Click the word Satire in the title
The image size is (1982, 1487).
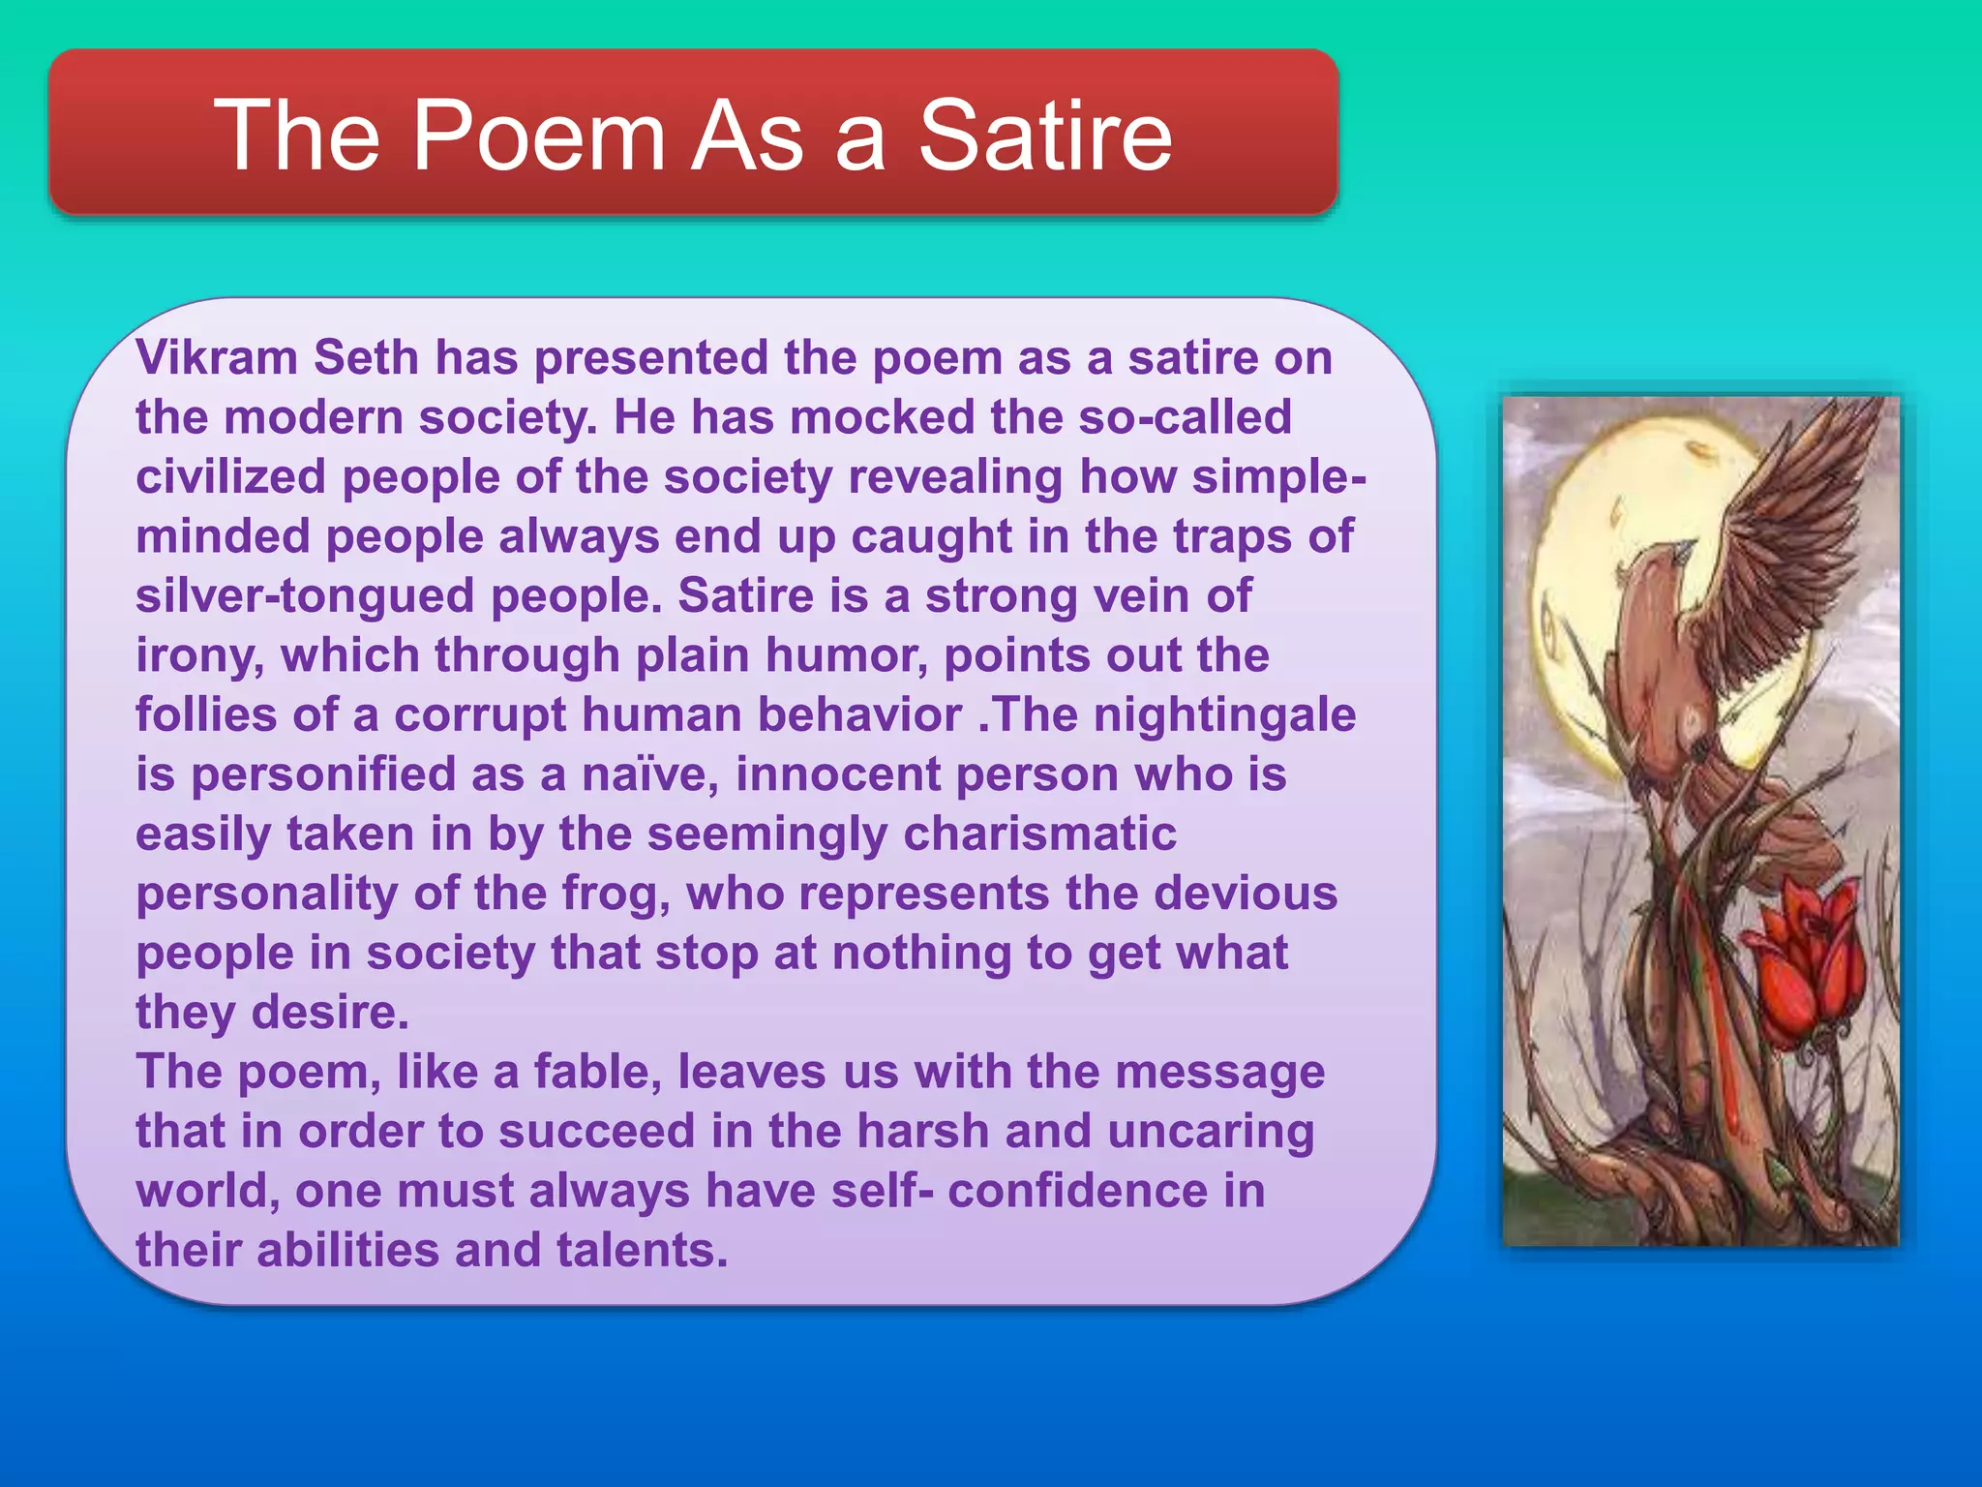coord(1045,136)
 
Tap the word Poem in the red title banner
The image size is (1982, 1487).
coord(539,136)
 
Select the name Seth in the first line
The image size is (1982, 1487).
coord(366,357)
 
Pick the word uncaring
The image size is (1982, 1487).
coord(1211,1132)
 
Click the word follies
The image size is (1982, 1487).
coord(206,715)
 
